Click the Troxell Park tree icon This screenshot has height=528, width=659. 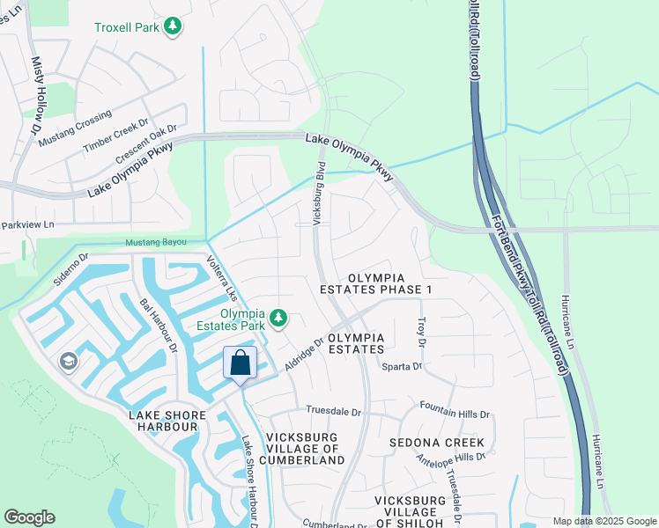coord(174,26)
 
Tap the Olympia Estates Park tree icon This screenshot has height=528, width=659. coord(278,317)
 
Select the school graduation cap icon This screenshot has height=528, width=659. coord(68,362)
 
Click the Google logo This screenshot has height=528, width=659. coord(29,517)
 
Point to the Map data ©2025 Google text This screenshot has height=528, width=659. coord(603,521)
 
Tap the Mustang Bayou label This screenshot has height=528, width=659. coord(158,242)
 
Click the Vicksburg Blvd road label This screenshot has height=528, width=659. coord(321,188)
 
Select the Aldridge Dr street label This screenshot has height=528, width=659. coord(306,356)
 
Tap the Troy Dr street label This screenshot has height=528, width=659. coord(421,331)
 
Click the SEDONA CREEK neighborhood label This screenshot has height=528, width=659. coord(439,442)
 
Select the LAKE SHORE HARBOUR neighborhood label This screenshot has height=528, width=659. coord(167,421)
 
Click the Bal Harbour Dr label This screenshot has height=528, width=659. coord(159,325)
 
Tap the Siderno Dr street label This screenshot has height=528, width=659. coord(71,271)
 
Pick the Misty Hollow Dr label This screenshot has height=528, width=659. coord(37,96)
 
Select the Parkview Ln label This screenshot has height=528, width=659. coord(28,224)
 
